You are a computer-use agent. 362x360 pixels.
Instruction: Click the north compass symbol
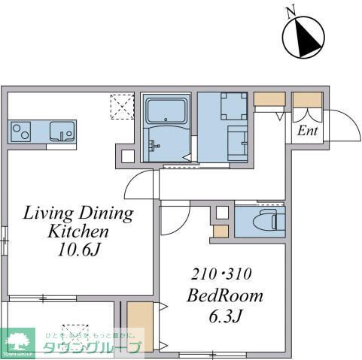click(304, 35)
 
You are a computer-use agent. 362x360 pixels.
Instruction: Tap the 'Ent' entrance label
click(306, 132)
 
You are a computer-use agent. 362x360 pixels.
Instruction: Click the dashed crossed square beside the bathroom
click(121, 105)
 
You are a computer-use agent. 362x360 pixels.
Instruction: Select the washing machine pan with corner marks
click(233, 106)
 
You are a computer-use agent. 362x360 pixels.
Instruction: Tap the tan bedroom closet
click(138, 325)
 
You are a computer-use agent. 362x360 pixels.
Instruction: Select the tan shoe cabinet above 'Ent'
click(306, 100)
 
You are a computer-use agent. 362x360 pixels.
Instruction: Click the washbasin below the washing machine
click(236, 140)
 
